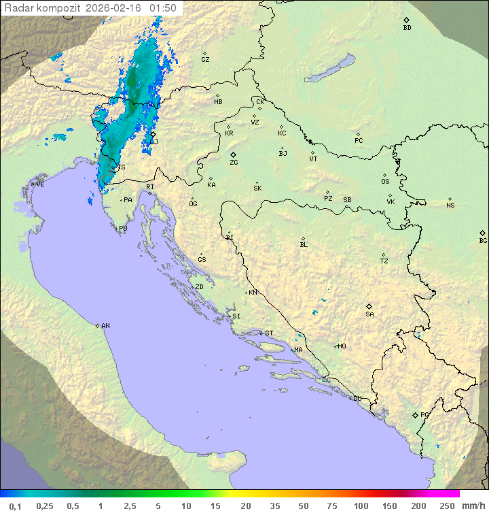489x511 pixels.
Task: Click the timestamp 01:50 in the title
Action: click(x=163, y=8)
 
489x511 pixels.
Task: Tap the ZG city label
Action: click(x=234, y=163)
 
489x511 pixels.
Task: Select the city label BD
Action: click(x=407, y=28)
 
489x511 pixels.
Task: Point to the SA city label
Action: click(x=369, y=314)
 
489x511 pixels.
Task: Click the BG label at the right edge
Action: click(x=483, y=240)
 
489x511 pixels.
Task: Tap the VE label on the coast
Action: click(x=40, y=184)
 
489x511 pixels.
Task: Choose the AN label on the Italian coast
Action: click(x=105, y=326)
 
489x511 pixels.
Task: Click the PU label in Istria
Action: click(x=123, y=229)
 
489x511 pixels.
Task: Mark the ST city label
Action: click(x=269, y=333)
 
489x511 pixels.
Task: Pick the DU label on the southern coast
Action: click(x=357, y=399)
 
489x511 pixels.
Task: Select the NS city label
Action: click(x=450, y=205)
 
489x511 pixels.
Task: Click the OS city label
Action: click(x=385, y=182)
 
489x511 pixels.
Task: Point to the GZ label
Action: click(x=205, y=59)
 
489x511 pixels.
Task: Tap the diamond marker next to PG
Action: click(x=415, y=414)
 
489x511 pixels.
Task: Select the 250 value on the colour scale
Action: click(x=447, y=506)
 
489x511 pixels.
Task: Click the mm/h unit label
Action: click(x=473, y=506)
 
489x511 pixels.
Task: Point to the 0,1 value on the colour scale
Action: click(x=16, y=506)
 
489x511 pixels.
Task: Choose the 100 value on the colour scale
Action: click(x=361, y=506)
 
